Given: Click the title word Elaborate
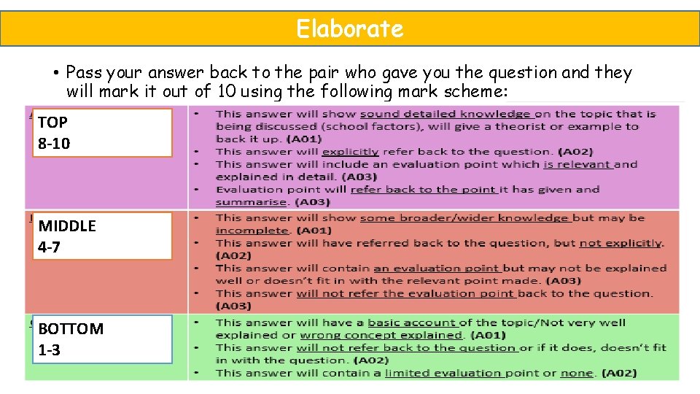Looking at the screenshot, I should coord(349,28).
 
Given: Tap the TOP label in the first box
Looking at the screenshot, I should coord(52,122).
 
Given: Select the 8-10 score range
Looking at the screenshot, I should coord(54,143).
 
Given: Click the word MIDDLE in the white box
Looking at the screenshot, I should coord(67,225).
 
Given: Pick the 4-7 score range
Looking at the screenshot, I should coord(49,247).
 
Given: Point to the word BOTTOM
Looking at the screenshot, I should coord(71,328).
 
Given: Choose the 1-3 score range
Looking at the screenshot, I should coord(49,350).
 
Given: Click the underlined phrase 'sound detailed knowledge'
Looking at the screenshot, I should coord(447,114).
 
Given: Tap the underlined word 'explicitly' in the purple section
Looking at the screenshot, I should coord(350,152).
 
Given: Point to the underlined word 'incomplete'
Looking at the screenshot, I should coord(251,231).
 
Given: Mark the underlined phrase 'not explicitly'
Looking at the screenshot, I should coord(621,243).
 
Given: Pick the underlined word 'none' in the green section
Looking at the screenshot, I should coord(576,373).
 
